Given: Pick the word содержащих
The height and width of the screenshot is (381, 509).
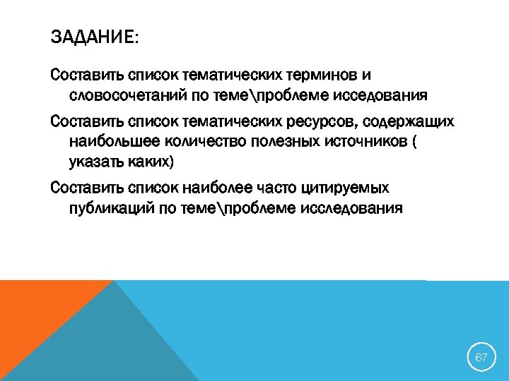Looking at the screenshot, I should point(409,121).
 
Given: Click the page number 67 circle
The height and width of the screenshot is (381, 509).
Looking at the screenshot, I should point(481,358).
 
